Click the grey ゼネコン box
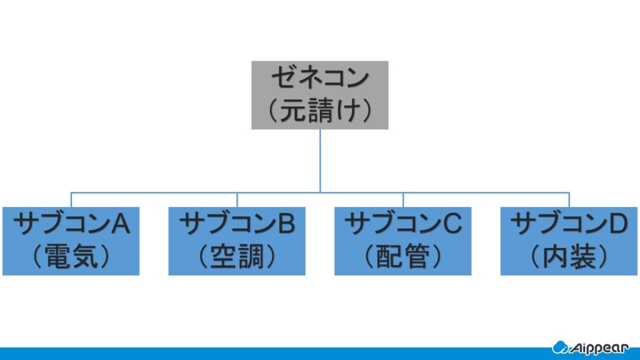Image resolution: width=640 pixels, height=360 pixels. click(x=319, y=95)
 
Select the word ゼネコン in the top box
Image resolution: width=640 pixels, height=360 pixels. click(x=320, y=77)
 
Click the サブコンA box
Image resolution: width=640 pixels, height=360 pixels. click(x=71, y=241)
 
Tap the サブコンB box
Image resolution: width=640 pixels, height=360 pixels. click(x=237, y=241)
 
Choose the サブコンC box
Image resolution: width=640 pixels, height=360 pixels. click(x=403, y=241)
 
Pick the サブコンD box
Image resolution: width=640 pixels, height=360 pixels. click(x=569, y=241)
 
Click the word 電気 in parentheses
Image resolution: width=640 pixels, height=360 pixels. click(x=71, y=257)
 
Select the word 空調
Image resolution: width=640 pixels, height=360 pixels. click(x=237, y=257)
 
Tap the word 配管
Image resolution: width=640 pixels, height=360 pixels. click(x=403, y=257)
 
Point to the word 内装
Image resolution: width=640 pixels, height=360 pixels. click(x=569, y=257)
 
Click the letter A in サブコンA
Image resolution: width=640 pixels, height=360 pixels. click(x=121, y=224)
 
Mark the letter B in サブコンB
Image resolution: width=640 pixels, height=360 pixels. click(x=286, y=224)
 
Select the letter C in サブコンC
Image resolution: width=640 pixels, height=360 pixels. click(x=452, y=224)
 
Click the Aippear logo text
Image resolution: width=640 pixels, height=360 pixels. click(x=599, y=348)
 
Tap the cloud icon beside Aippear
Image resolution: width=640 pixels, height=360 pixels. click(x=560, y=347)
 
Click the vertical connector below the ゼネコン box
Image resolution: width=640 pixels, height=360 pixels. click(x=320, y=161)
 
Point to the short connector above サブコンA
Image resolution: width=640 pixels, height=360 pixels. click(x=71, y=199)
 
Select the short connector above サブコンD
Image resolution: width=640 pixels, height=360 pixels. click(x=569, y=199)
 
